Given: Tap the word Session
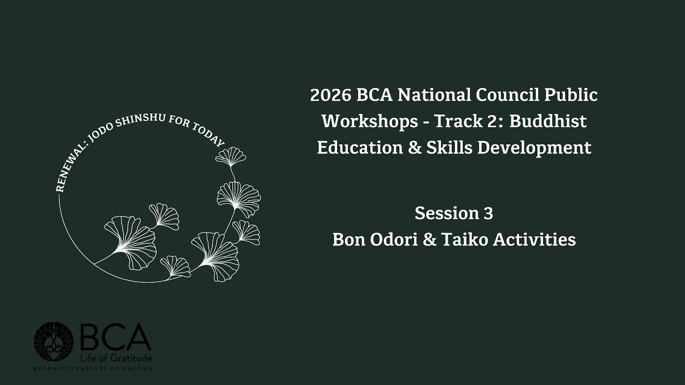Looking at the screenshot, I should (447, 213).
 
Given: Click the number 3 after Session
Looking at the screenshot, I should (488, 213).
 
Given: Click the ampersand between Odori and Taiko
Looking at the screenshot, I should (429, 240).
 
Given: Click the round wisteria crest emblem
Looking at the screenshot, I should (54, 342).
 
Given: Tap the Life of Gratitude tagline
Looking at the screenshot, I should (116, 358).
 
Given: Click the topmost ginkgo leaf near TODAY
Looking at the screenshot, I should (231, 157).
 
